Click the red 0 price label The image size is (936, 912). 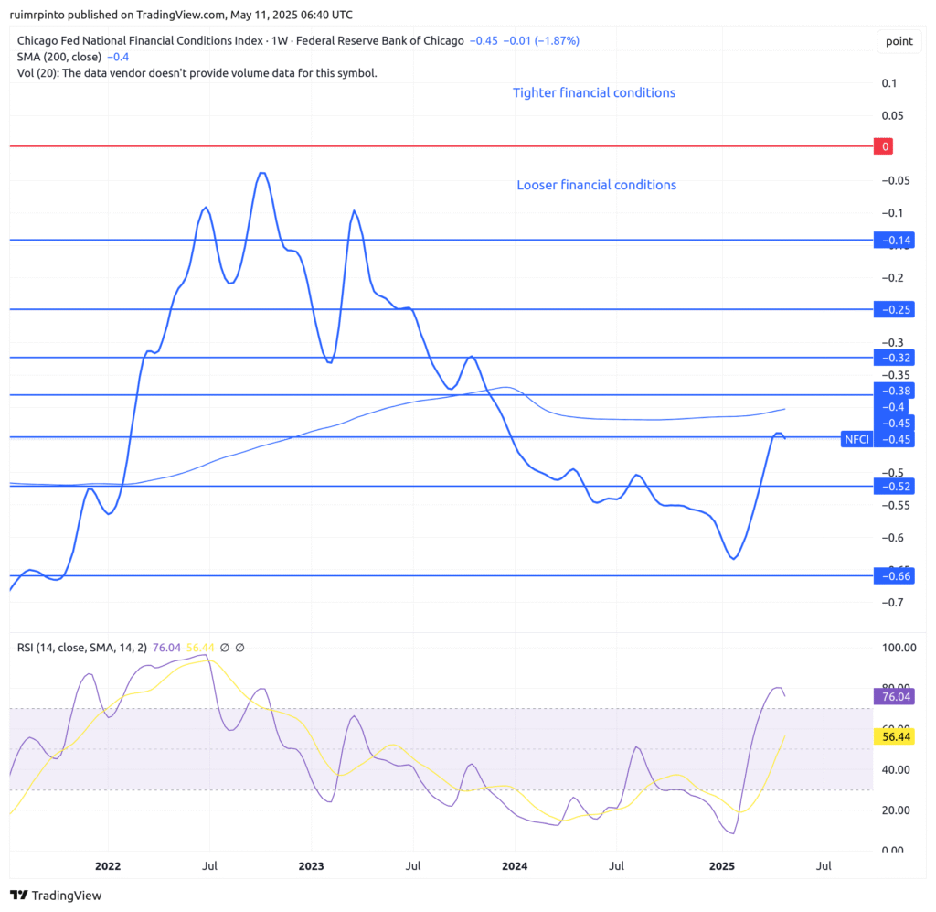point(884,146)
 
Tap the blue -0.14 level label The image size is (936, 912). point(893,241)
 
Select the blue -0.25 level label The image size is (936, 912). point(893,309)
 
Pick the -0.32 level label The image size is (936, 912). point(893,357)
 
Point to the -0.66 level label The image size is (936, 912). point(893,575)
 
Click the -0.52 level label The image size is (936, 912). point(893,486)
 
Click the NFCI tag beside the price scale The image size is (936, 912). point(856,439)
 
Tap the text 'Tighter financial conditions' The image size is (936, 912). point(594,92)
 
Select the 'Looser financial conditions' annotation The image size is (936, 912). point(597,185)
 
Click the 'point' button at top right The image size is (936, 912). point(899,41)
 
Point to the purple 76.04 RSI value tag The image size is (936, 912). point(893,696)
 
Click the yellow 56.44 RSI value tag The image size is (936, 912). point(893,735)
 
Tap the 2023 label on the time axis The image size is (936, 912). point(312,865)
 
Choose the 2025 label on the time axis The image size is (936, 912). point(722,865)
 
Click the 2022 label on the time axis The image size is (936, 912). point(108,865)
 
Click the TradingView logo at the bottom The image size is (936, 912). point(57,896)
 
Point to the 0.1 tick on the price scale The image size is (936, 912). point(888,83)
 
